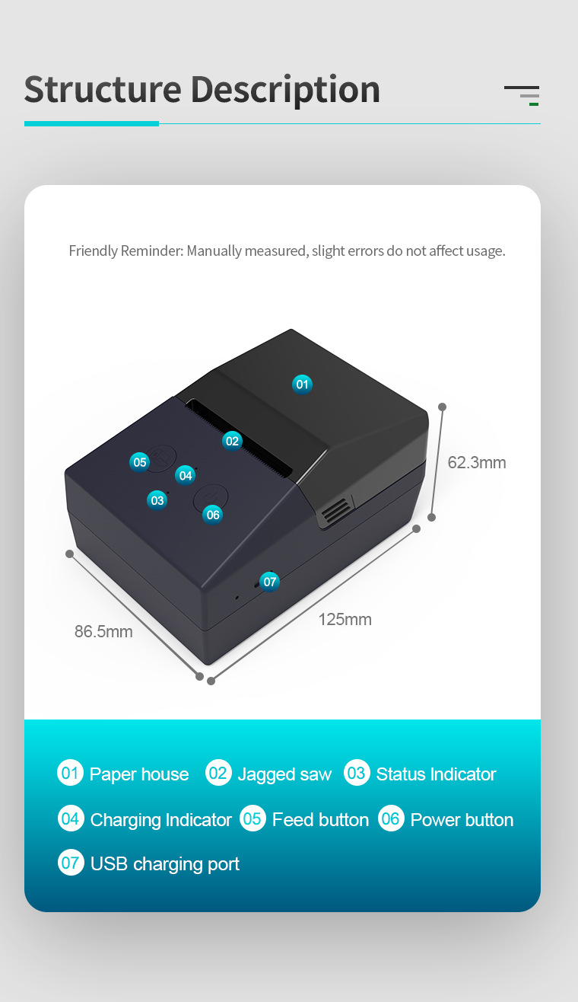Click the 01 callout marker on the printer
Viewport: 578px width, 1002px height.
point(303,385)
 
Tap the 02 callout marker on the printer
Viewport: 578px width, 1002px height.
point(232,441)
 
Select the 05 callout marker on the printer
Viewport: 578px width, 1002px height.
point(140,461)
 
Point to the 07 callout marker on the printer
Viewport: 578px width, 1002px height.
point(270,582)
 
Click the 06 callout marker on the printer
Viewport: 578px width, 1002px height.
point(213,515)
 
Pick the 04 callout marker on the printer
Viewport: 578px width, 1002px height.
point(186,475)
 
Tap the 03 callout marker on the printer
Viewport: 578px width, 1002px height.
point(157,500)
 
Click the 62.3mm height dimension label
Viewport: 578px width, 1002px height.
point(476,463)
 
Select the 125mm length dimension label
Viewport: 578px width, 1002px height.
point(345,620)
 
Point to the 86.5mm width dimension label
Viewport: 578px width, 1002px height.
point(103,631)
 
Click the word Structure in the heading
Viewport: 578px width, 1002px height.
point(103,90)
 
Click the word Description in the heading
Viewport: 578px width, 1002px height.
point(285,90)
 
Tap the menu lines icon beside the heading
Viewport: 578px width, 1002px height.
point(522,94)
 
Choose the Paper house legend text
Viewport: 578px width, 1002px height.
point(139,774)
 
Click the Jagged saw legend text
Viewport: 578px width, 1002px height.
point(284,774)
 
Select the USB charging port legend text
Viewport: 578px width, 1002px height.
point(165,863)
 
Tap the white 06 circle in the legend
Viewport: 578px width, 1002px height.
point(391,819)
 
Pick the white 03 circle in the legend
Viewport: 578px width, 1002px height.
point(357,774)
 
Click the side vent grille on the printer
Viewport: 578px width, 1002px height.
point(335,511)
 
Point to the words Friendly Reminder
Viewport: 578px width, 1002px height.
point(125,250)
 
